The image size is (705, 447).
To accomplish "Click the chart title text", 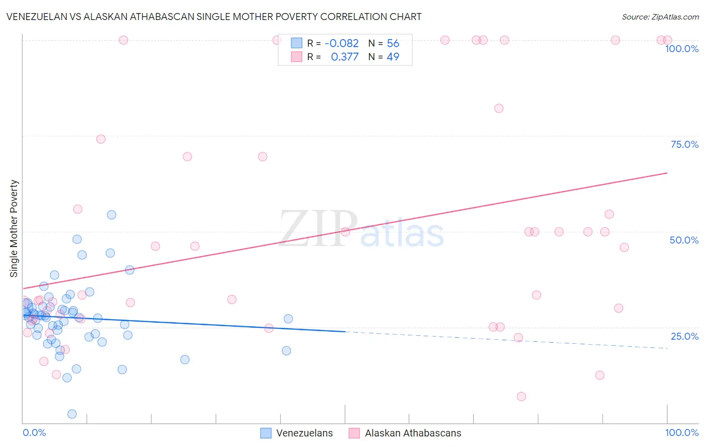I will [x=214, y=17].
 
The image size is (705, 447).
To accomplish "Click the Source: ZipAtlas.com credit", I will [x=660, y=17].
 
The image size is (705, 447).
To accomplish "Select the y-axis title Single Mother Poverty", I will [x=14, y=229].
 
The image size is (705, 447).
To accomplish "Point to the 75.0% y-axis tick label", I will [x=684, y=144].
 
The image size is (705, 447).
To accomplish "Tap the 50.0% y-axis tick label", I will [x=684, y=240].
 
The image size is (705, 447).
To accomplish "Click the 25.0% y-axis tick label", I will [x=684, y=336].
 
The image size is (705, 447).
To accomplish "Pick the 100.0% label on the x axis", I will [x=681, y=432].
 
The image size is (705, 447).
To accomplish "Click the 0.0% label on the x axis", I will [x=35, y=432].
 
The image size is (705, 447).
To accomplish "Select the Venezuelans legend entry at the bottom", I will [x=297, y=433].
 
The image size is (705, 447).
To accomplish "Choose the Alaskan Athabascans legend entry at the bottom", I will [x=405, y=433].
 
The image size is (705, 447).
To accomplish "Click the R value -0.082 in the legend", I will [x=341, y=44].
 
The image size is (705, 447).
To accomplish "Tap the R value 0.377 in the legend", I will [x=344, y=57].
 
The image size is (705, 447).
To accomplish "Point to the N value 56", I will [x=393, y=44].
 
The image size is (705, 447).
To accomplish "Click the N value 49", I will [x=393, y=57].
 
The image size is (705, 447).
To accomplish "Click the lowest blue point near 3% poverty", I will [x=72, y=414].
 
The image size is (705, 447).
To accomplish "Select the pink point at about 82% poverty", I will [x=498, y=108].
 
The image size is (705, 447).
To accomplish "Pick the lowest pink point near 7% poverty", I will [x=521, y=396].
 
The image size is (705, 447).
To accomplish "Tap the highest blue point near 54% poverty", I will [x=111, y=215].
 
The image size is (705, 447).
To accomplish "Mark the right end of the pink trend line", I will [x=667, y=173].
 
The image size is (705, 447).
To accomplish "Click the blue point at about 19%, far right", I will [x=286, y=351].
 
